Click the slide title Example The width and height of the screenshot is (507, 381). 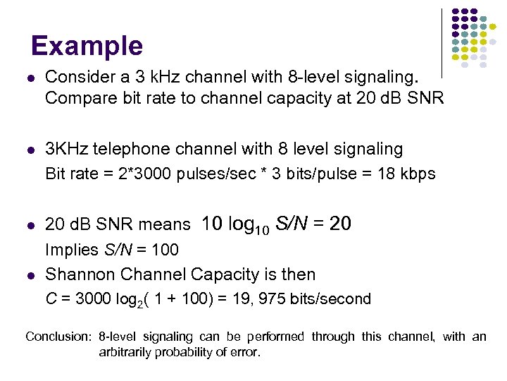click(87, 47)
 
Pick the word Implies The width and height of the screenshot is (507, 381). click(71, 250)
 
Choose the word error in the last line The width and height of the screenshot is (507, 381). click(244, 351)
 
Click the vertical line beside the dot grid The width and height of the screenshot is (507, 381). click(442, 42)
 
